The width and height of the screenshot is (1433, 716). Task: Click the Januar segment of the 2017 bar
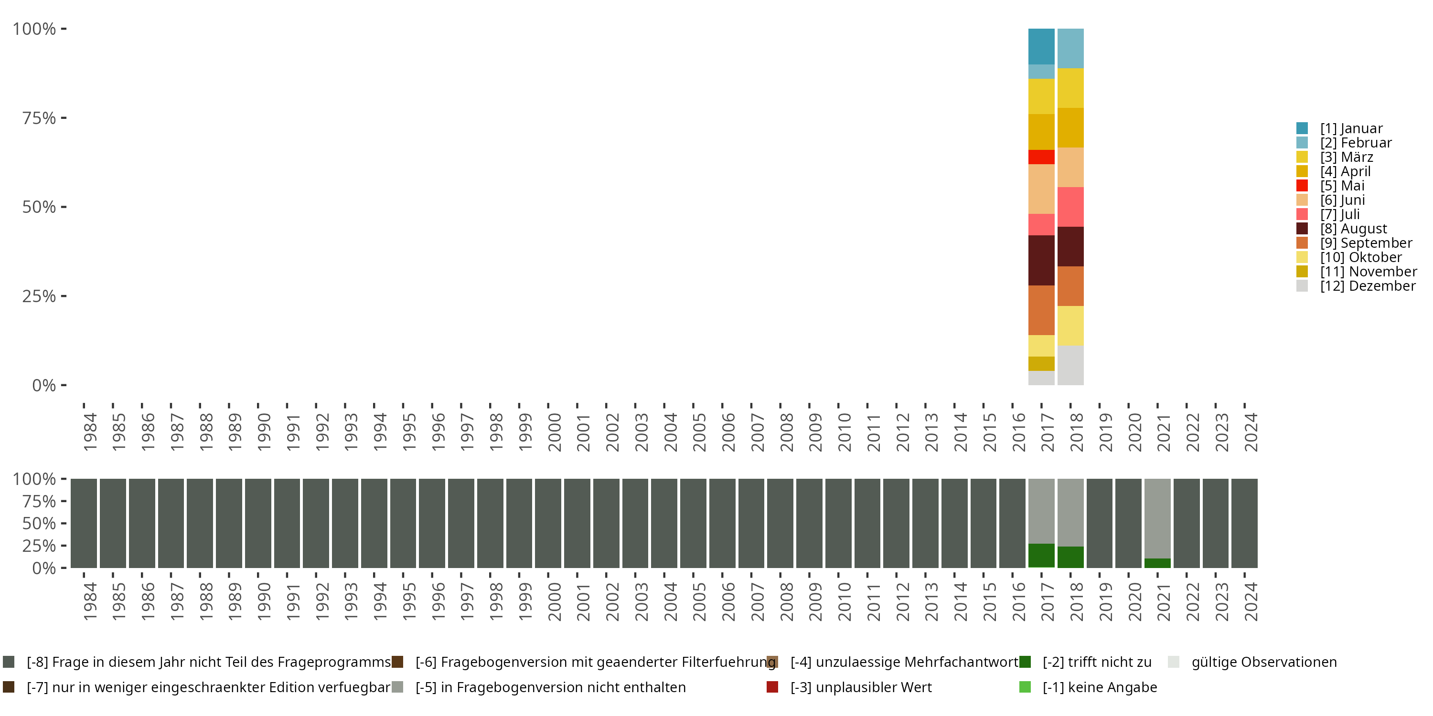point(1041,46)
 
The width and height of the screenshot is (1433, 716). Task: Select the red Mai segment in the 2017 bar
point(1041,157)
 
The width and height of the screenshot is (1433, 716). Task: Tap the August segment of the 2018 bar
point(1070,246)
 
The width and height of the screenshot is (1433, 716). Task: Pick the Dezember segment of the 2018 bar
point(1070,365)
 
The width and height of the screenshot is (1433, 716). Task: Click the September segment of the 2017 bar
point(1041,310)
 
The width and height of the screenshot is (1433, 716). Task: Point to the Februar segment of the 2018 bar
point(1070,48)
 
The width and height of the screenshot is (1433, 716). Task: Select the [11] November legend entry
point(1368,272)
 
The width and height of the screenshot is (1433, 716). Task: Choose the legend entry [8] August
point(1353,229)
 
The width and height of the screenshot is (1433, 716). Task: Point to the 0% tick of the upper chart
point(44,385)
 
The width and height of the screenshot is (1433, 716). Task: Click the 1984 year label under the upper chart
point(90,432)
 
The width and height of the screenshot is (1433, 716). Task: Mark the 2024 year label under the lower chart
point(1251,601)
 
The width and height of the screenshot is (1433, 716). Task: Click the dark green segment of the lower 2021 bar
point(1157,563)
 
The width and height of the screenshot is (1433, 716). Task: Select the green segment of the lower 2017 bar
point(1041,555)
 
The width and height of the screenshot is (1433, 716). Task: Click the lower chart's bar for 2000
point(548,523)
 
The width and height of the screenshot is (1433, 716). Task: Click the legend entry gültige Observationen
point(1263,662)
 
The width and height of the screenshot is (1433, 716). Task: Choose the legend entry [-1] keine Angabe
point(1099,687)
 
